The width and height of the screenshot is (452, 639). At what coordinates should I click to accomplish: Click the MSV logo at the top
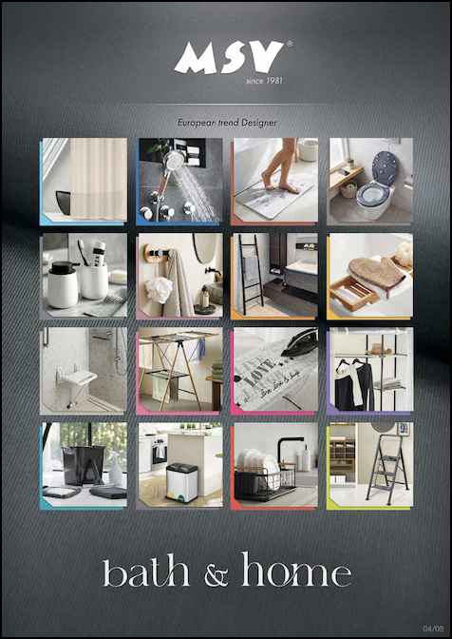[229, 58]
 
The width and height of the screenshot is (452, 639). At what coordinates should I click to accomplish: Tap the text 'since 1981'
[264, 81]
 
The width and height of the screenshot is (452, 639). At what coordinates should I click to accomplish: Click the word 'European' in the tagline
[194, 123]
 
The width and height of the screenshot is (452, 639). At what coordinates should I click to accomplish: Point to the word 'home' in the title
[296, 570]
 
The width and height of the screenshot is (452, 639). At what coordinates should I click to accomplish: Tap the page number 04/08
[433, 629]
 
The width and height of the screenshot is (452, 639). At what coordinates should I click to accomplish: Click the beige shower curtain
[99, 179]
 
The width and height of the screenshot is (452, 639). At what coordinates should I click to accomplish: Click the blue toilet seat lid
[384, 167]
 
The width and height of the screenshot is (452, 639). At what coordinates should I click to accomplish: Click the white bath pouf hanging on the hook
[159, 289]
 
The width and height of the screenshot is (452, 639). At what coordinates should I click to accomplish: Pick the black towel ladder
[250, 274]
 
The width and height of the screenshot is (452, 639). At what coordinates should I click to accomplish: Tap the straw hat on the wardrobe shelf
[378, 349]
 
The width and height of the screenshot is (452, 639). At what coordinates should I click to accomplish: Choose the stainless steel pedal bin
[181, 483]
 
